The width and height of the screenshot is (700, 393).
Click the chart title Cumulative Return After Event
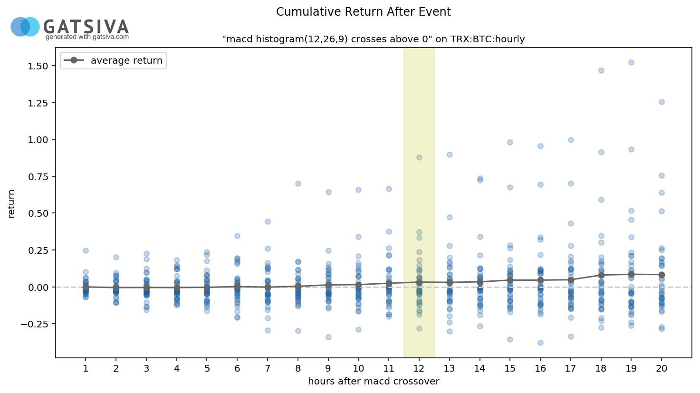pos(363,12)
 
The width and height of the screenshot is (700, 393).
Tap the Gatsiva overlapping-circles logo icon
pos(25,27)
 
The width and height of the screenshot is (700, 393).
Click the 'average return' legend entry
pos(126,60)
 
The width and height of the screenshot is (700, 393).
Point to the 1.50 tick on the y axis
pos(38,66)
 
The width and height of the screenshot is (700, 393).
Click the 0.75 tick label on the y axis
pos(38,177)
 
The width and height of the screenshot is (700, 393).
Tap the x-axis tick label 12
pos(419,369)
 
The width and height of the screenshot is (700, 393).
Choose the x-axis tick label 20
pos(662,369)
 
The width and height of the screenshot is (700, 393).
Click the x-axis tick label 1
pos(86,369)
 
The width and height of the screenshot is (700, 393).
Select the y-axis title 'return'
pos(11,203)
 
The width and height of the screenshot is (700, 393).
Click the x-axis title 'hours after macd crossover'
pos(374,381)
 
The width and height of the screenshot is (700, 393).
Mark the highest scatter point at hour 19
pos(631,62)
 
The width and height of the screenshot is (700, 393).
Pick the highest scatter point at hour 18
pos(601,70)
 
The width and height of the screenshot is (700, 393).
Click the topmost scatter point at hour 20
pos(662,102)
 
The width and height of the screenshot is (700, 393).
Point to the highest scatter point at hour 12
pos(419,157)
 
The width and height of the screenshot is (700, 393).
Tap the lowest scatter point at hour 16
pos(540,343)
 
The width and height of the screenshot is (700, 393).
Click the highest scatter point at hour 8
pos(298,183)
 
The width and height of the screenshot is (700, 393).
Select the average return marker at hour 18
pos(601,275)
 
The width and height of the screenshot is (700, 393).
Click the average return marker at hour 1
pos(86,287)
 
